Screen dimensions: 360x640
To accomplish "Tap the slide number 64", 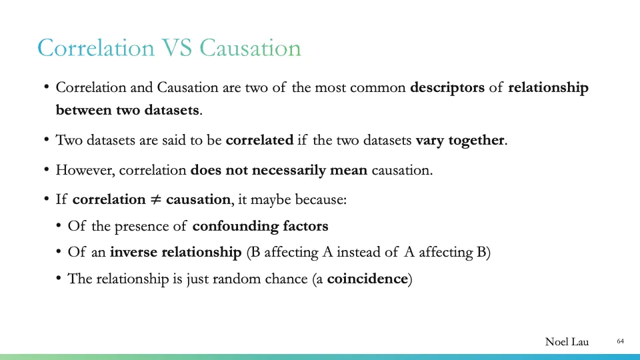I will pyautogui.click(x=620, y=341).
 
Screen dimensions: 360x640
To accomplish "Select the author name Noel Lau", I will pyautogui.click(x=567, y=342).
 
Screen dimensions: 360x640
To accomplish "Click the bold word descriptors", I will pyautogui.click(x=447, y=87).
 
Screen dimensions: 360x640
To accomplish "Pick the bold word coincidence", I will pyautogui.click(x=367, y=279).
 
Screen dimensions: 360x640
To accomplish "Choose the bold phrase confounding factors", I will pyautogui.click(x=260, y=226).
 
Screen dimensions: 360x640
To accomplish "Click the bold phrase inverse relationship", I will pyautogui.click(x=175, y=253).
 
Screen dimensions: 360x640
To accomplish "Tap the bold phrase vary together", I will pyautogui.click(x=461, y=140).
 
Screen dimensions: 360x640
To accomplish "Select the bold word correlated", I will pyautogui.click(x=259, y=140).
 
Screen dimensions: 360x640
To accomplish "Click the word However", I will pyautogui.click(x=85, y=170).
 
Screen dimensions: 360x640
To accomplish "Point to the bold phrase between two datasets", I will pyautogui.click(x=127, y=110).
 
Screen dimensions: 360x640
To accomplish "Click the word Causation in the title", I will pyautogui.click(x=250, y=48).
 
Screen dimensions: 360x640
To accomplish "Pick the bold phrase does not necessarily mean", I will pyautogui.click(x=279, y=170).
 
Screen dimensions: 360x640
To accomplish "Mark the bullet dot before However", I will pyautogui.click(x=47, y=170).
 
